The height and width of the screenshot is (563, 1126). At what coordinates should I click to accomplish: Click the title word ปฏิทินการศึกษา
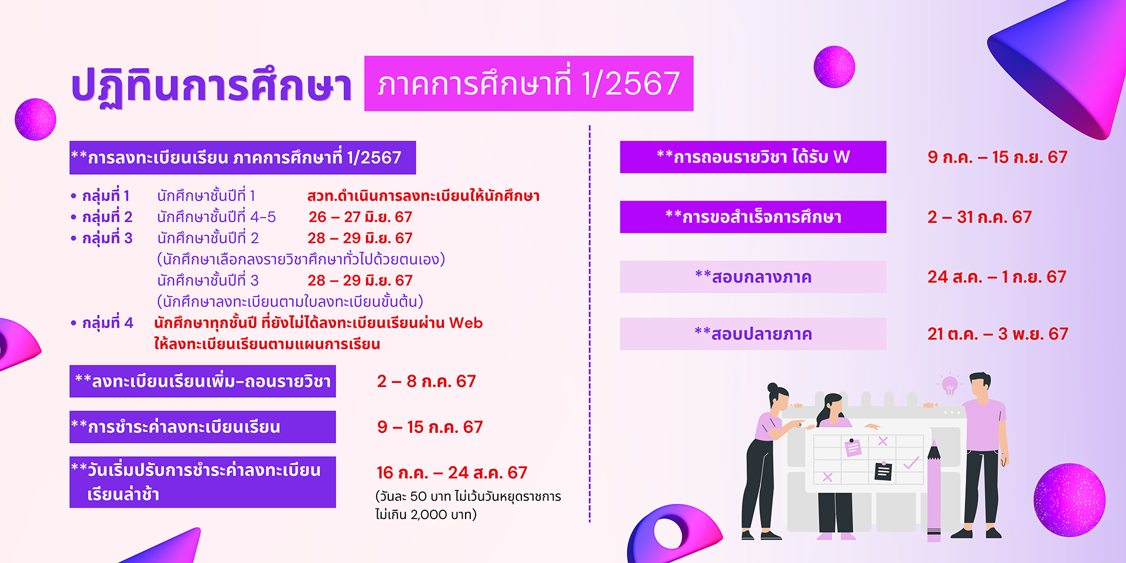[x=211, y=86]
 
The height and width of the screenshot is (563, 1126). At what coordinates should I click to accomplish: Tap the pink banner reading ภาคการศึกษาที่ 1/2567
[x=528, y=83]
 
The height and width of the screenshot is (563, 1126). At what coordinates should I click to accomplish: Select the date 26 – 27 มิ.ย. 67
[x=360, y=217]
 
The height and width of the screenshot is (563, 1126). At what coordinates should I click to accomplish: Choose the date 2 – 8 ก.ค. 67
[x=426, y=381]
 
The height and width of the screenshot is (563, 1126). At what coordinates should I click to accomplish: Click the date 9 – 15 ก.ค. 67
[x=430, y=427]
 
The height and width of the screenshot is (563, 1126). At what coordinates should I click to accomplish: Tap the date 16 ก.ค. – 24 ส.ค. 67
[x=452, y=473]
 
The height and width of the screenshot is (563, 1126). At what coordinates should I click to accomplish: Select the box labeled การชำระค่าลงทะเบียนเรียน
[x=202, y=427]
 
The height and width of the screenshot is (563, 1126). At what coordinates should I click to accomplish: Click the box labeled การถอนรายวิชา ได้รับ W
[x=753, y=157]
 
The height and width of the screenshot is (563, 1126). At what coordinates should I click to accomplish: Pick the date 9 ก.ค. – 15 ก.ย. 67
[x=997, y=157]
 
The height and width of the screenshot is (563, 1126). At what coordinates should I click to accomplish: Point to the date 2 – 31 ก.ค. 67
[x=979, y=217]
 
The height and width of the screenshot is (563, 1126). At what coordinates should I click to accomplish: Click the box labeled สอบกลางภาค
[x=753, y=277]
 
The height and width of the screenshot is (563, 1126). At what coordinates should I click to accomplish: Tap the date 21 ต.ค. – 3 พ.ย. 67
[x=998, y=334]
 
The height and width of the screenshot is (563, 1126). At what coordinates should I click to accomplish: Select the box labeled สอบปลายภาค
[x=753, y=334]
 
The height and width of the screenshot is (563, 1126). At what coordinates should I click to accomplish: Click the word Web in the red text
[x=466, y=323]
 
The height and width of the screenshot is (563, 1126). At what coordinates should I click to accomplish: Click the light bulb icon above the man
[x=949, y=385]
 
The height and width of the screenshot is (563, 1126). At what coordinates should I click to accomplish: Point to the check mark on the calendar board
[x=911, y=463]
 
